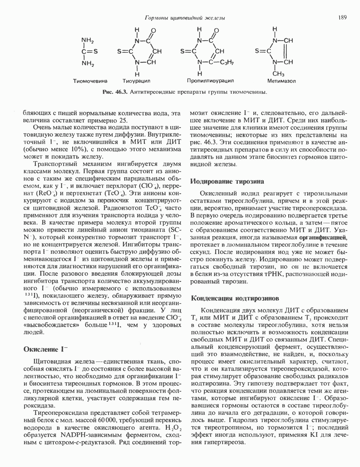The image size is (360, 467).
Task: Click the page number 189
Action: pyautogui.click(x=342, y=18)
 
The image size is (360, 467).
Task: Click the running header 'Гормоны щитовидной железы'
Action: pyautogui.click(x=185, y=18)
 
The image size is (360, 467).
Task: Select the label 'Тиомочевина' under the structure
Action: pyautogui.click(x=90, y=81)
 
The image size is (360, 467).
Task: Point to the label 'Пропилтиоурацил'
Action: pyautogui.click(x=210, y=81)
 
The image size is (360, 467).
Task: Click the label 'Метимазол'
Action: pyautogui.click(x=282, y=81)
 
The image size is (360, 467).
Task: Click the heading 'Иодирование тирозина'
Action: pyautogui.click(x=227, y=181)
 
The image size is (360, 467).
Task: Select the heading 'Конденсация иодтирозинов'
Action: pyautogui.click(x=235, y=298)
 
